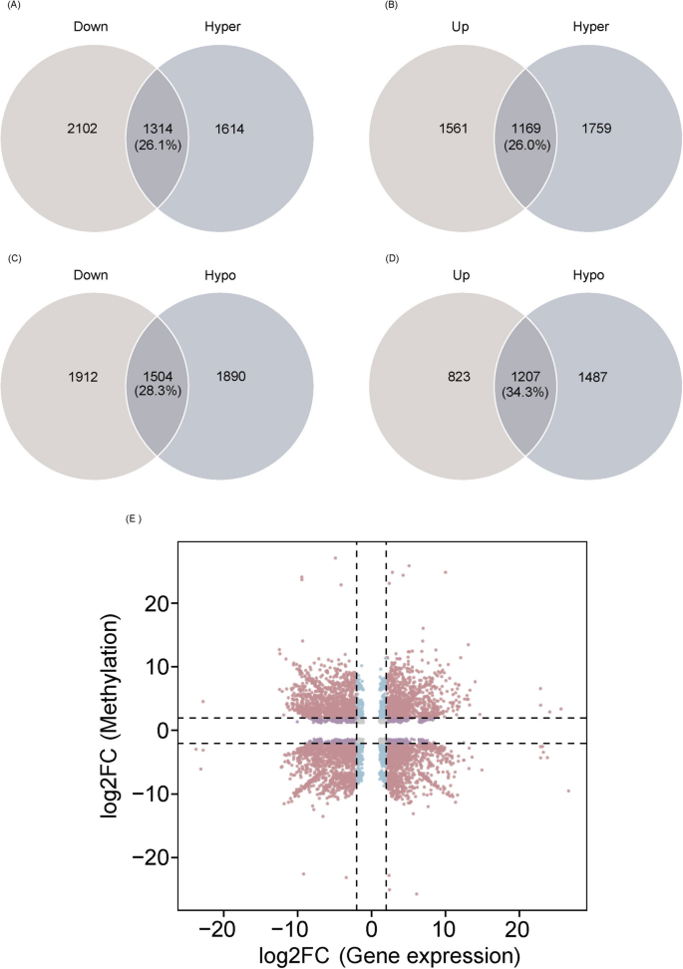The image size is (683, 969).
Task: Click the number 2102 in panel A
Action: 75,129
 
